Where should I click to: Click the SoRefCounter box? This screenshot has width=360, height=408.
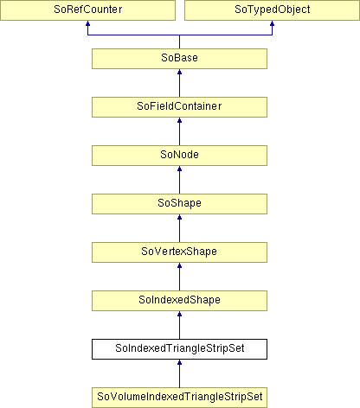pos(87,10)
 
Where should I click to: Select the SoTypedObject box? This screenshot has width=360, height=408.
pos(272,10)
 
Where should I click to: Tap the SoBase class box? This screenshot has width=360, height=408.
pos(179,59)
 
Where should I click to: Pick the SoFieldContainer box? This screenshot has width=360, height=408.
pos(179,107)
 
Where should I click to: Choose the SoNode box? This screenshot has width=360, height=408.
pos(179,156)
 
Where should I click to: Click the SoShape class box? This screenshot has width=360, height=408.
pos(179,204)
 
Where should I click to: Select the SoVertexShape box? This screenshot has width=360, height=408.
pos(179,252)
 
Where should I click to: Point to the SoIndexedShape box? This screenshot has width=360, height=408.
pos(179,301)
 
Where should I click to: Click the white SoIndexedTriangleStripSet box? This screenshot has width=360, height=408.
pos(179,349)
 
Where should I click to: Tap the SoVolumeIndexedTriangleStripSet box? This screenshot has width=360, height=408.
pos(179,398)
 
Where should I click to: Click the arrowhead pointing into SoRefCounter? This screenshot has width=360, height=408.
pos(87,23)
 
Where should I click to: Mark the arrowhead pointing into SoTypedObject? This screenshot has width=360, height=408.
pos(272,23)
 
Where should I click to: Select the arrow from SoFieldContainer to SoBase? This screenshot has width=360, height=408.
pos(179,83)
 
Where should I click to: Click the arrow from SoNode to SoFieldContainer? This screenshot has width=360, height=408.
pos(179,131)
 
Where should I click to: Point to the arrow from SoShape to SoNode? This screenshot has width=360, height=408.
pos(179,180)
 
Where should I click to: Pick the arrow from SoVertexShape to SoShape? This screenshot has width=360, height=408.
pos(179,228)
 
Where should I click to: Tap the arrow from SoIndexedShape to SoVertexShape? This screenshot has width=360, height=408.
pos(179,277)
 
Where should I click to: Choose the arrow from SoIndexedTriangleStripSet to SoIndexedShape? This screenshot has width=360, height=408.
pos(179,325)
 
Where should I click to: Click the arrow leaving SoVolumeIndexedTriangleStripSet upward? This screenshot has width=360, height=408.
pos(179,373)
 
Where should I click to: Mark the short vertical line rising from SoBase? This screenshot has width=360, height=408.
pos(179,41)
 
